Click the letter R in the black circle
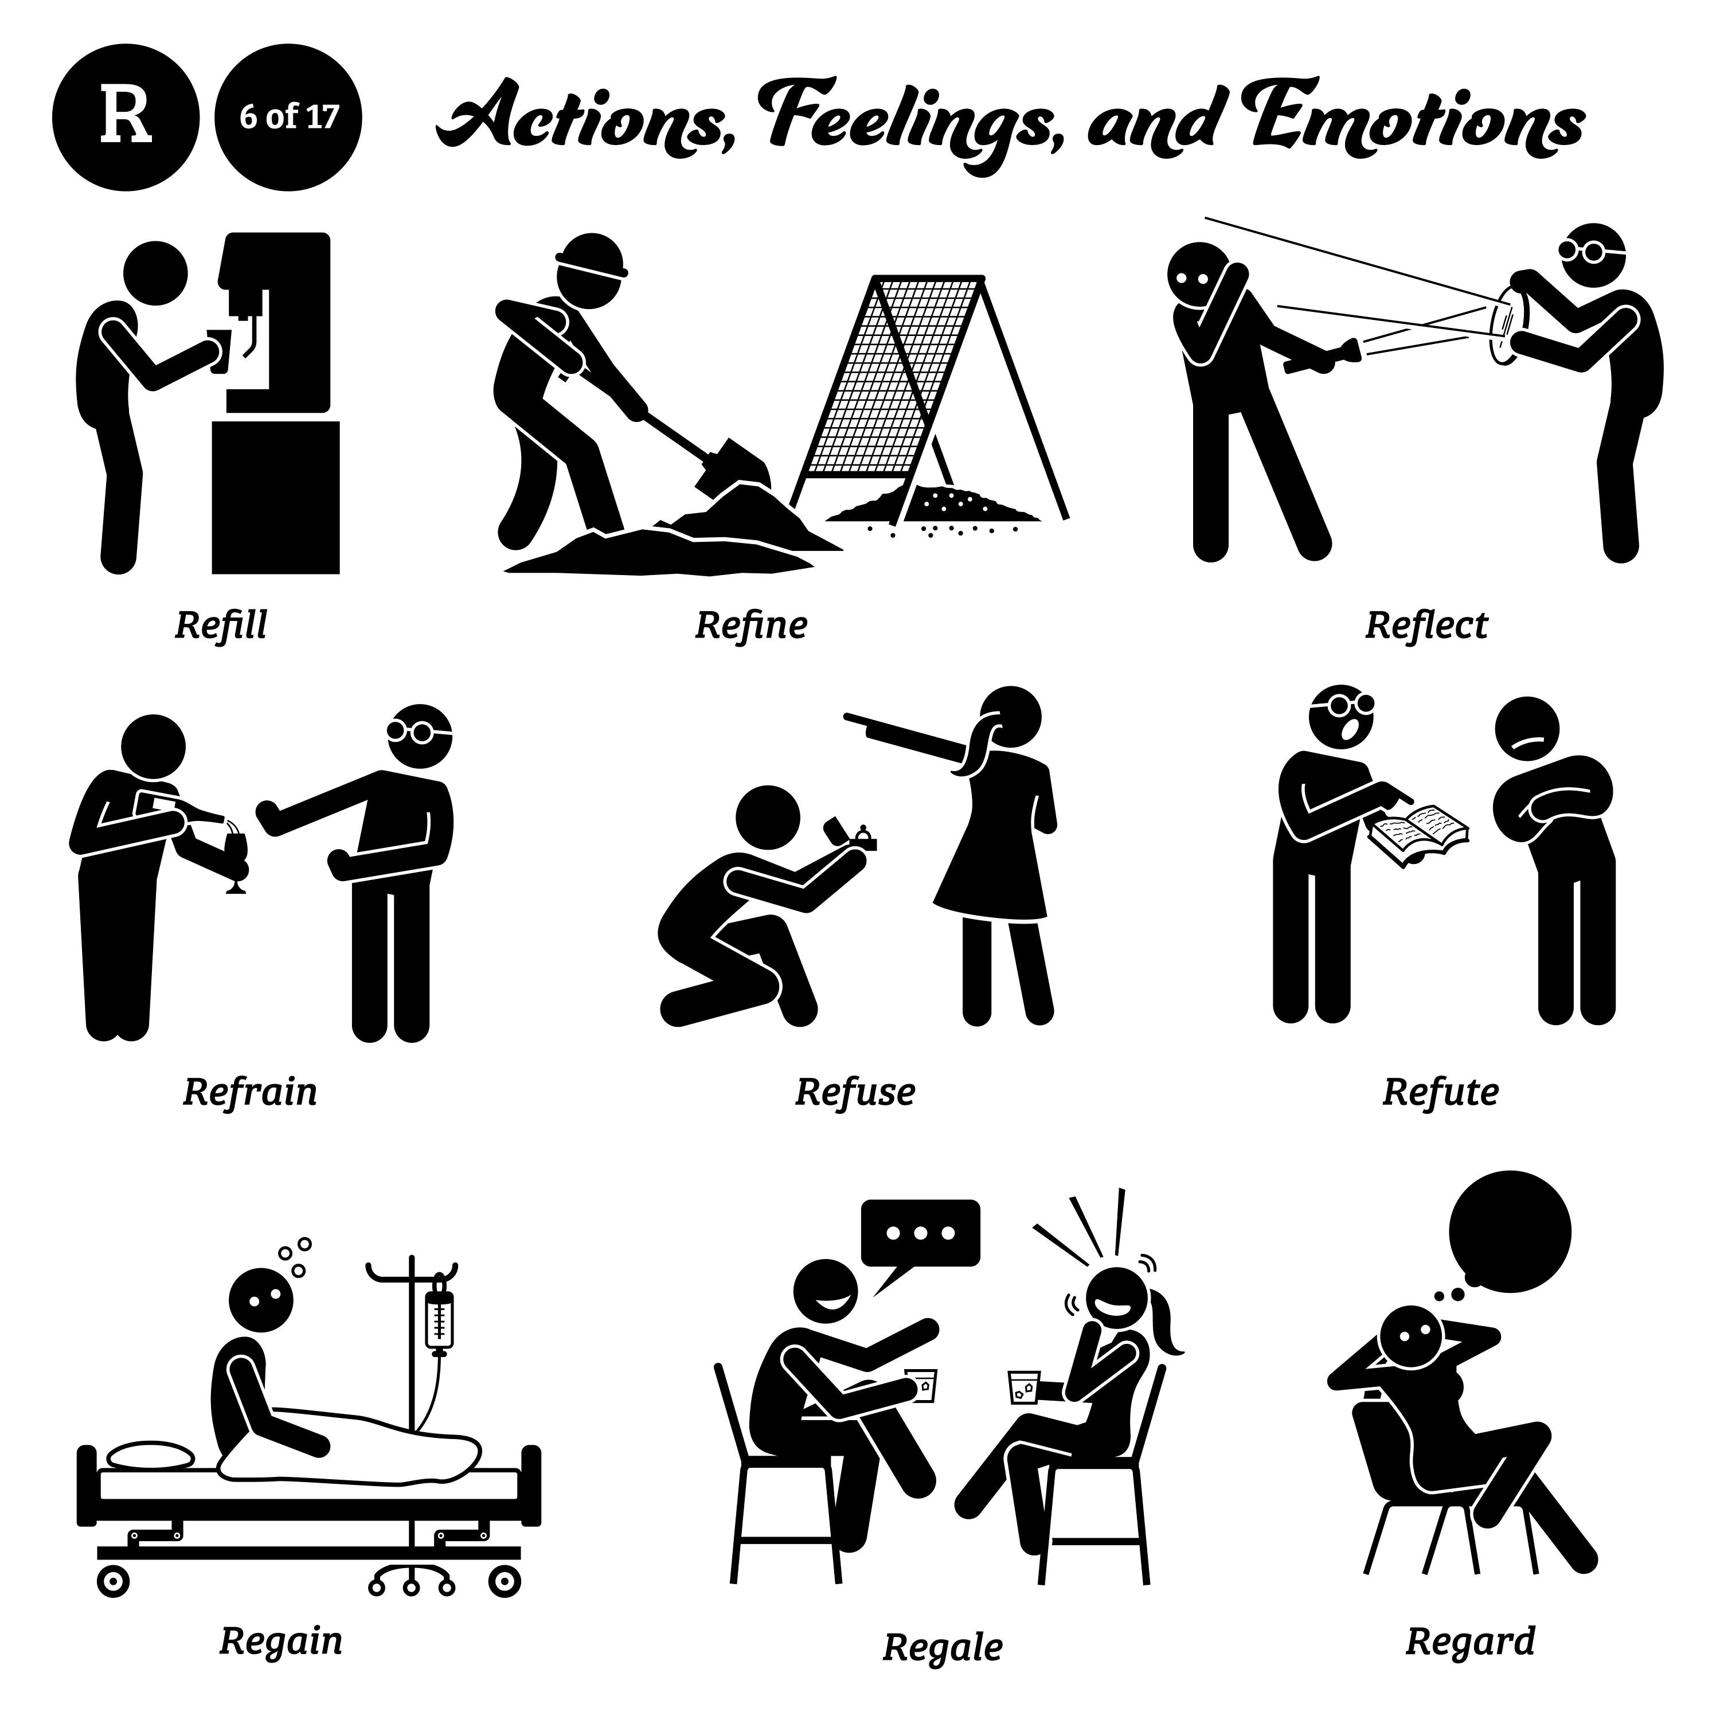coord(126,116)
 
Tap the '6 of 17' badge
coord(288,116)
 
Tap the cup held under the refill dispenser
coord(219,350)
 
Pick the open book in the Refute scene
coord(1417,831)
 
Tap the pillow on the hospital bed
coord(150,1456)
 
